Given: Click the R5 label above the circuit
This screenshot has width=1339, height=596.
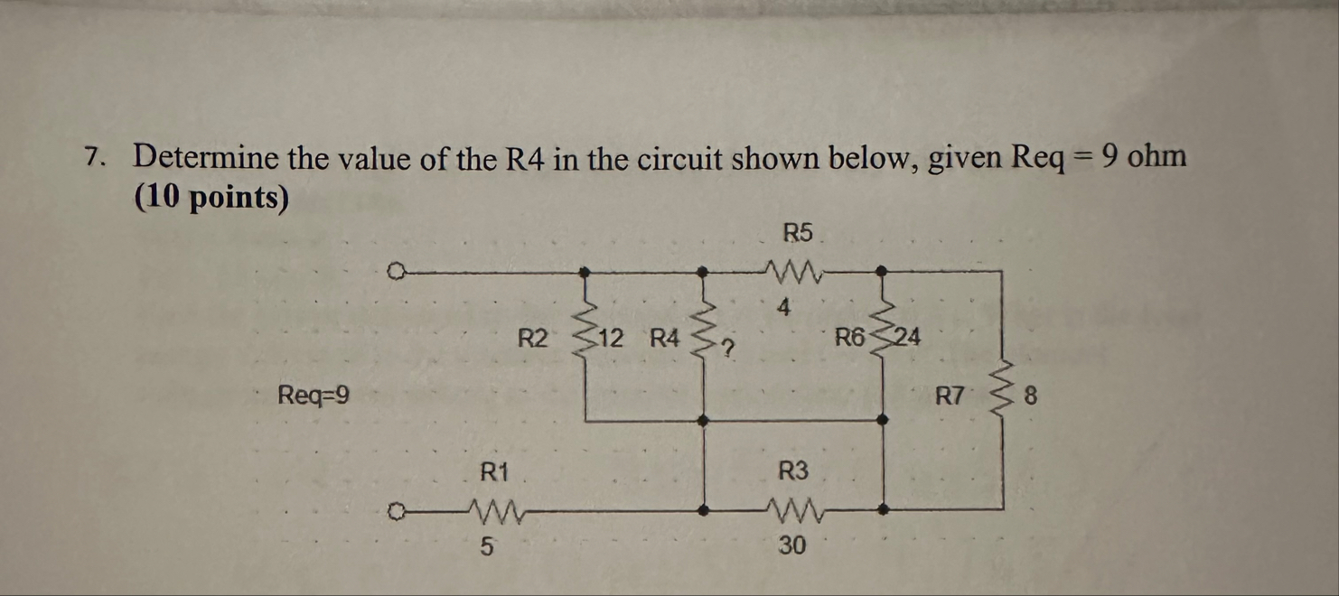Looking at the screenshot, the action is (x=798, y=233).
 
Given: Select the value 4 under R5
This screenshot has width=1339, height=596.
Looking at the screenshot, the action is (x=783, y=308).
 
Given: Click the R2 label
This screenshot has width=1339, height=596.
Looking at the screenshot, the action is (x=533, y=340).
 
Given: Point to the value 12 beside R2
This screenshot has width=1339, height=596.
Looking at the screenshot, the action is (x=611, y=340).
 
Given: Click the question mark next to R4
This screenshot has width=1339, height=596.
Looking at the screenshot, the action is (x=724, y=344).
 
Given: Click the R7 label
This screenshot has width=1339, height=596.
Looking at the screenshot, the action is (x=950, y=395).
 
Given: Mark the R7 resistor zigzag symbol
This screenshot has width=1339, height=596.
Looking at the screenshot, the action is (x=1002, y=389).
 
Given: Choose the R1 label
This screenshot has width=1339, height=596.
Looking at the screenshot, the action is (x=494, y=470).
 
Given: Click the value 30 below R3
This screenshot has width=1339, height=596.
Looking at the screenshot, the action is (x=792, y=545).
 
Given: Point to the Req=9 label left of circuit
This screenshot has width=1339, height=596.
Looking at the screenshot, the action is (x=314, y=395).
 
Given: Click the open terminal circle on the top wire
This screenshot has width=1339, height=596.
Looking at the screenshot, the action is (x=394, y=269).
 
